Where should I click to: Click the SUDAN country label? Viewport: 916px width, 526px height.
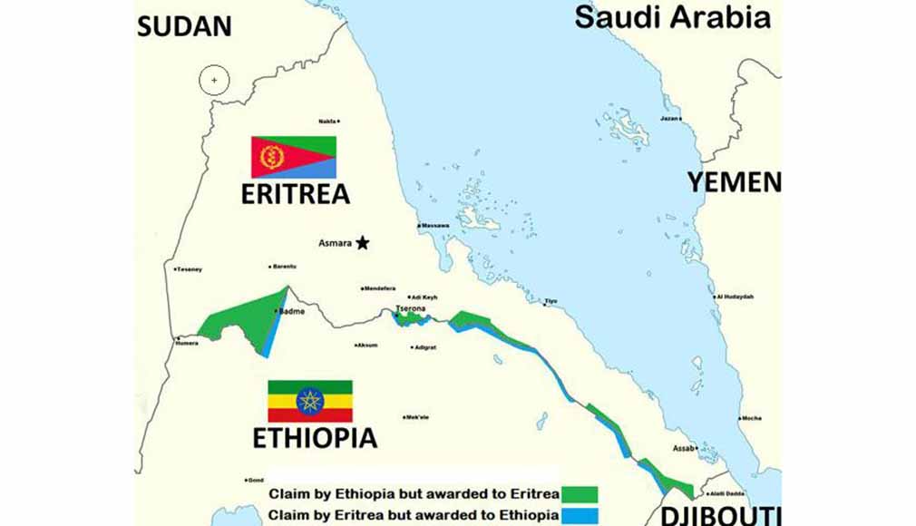point(184,25)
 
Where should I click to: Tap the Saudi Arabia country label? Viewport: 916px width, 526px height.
point(672,16)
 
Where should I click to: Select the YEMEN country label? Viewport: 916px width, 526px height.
point(733,181)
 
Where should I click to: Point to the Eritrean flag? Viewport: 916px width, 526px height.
point(293,157)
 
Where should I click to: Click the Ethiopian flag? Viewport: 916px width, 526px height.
point(309,401)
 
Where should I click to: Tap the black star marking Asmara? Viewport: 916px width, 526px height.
point(363,242)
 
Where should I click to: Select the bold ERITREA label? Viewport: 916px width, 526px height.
point(295,195)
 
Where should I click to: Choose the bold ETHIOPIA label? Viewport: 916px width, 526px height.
point(314,438)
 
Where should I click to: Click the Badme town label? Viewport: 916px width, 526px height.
point(292,311)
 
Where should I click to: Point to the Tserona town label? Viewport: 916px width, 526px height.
point(411,309)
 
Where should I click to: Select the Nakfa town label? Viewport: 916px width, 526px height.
point(327,121)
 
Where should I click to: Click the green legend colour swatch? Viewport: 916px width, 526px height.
point(580,494)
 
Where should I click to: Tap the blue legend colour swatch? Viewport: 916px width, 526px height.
point(580,515)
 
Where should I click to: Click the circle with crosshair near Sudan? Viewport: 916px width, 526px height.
point(214,81)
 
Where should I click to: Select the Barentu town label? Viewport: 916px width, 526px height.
point(285,267)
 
